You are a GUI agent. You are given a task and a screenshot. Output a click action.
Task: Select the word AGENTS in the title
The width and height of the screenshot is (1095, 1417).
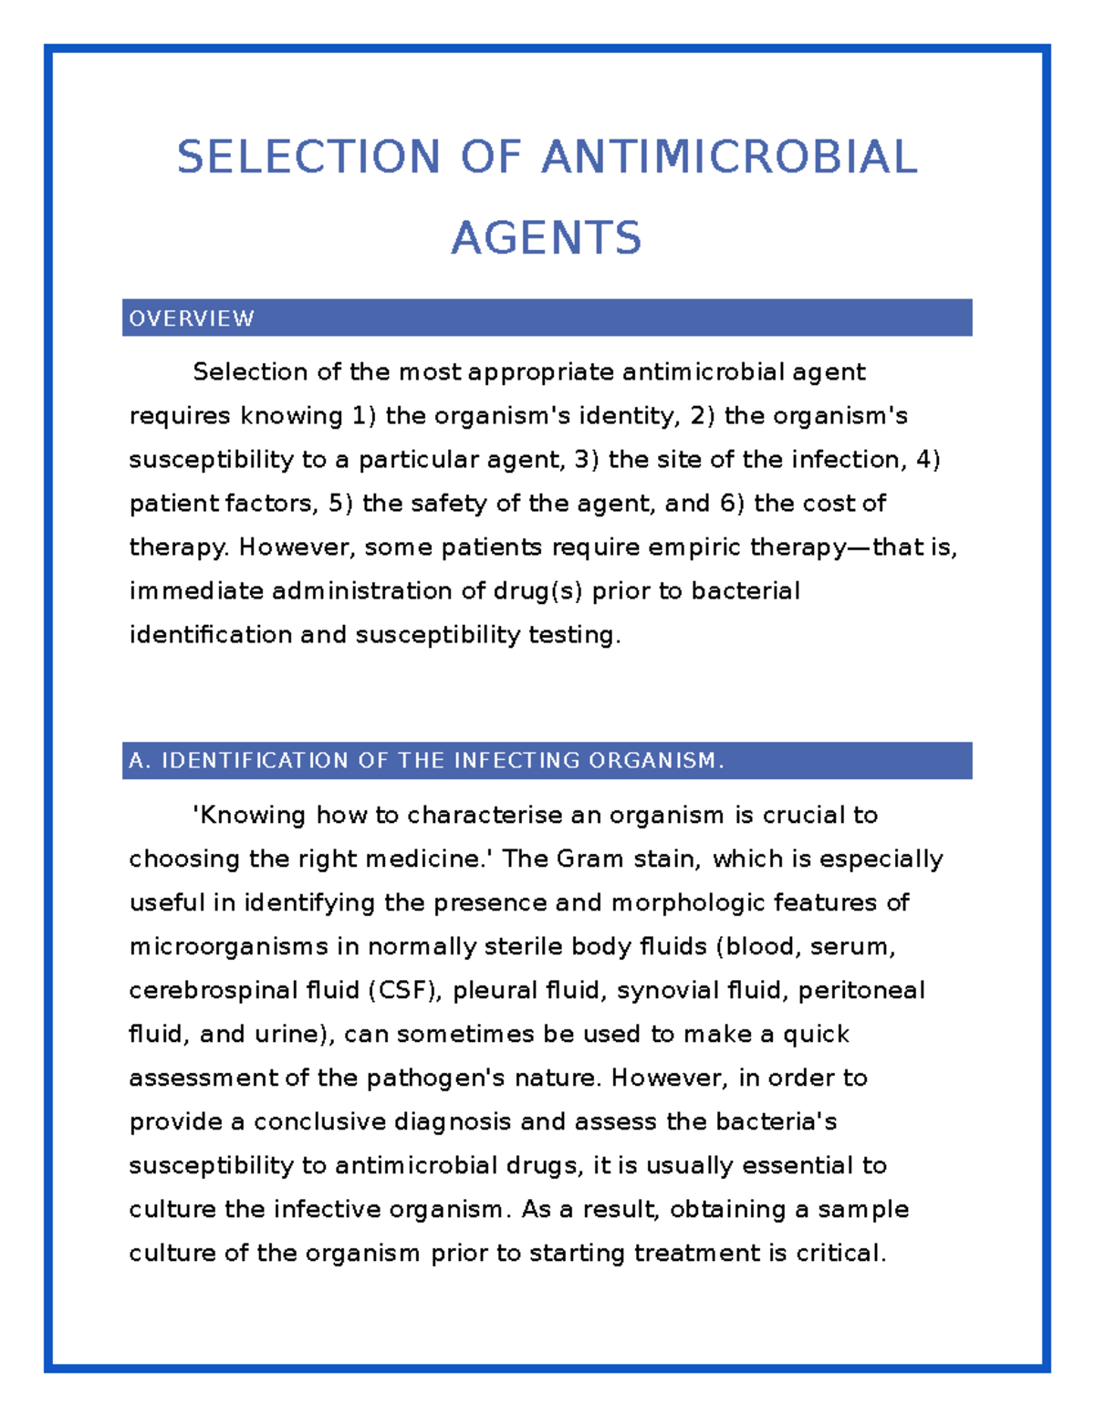[547, 238]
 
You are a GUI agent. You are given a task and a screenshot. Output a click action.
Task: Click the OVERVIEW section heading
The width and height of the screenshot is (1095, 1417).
[192, 318]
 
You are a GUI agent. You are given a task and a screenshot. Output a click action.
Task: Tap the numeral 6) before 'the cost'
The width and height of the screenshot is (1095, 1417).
[732, 504]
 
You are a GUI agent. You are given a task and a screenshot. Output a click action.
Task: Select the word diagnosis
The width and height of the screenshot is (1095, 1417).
[452, 1122]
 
